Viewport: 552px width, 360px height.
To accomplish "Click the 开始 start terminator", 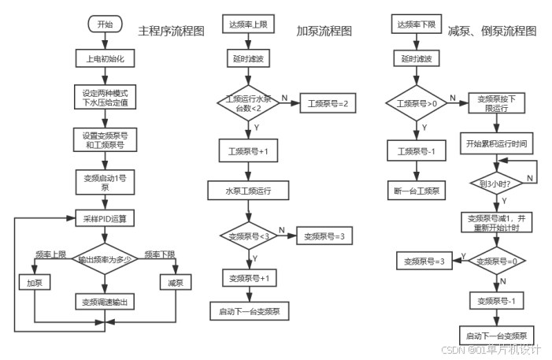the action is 105,24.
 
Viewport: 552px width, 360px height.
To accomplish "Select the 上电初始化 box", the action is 105,58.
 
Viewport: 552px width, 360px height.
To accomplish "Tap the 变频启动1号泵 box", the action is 105,183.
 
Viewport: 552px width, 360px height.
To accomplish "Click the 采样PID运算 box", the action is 105,218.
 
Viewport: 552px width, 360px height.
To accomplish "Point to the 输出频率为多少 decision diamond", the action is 105,259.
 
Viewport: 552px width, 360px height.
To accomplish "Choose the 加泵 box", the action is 35,282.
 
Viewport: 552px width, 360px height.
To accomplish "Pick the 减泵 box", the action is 176,282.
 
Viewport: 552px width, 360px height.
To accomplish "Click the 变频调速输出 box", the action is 105,302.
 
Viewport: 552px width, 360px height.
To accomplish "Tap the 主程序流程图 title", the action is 172,32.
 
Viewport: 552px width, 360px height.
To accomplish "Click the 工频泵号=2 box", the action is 327,103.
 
